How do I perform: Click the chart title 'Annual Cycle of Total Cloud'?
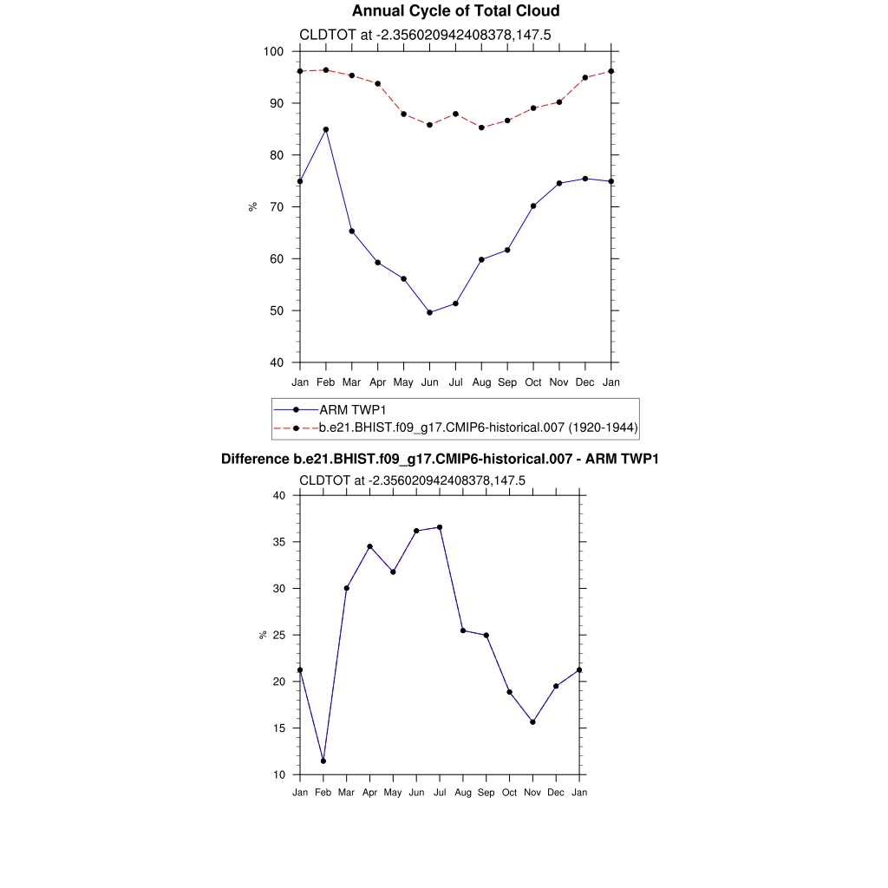pos(443,11)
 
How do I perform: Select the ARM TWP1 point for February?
pos(326,129)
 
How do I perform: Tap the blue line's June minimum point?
pos(429,312)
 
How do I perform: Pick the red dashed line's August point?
pos(481,127)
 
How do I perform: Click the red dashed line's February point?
pos(326,70)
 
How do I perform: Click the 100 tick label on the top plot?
pos(274,52)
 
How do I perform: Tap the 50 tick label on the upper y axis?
pos(277,311)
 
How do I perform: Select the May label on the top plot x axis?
pos(403,382)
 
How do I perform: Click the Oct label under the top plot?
pos(533,382)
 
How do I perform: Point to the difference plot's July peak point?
pos(440,527)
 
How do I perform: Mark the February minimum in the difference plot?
pos(323,761)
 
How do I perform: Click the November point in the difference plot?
pos(532,721)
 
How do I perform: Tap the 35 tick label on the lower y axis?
pos(279,542)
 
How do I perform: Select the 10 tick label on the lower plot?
pos(279,774)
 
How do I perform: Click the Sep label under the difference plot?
pos(486,793)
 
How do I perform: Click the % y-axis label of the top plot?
pos(253,206)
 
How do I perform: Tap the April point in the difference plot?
pos(369,546)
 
